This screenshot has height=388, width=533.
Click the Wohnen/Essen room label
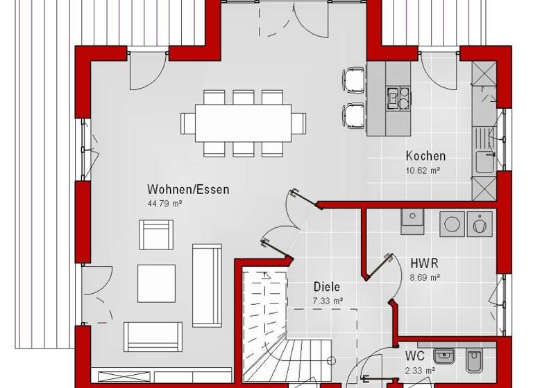point(187,189)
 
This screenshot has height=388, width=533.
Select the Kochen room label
point(425,156)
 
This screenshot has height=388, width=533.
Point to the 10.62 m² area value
point(423,169)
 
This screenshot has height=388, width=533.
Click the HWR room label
point(424,264)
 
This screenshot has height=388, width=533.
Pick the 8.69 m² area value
point(425,277)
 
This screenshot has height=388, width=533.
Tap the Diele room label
point(326,287)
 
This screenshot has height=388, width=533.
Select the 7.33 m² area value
point(328,300)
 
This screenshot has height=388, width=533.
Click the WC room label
point(415,358)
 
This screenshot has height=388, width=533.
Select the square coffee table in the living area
point(155,283)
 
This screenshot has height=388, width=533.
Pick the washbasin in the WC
point(443,357)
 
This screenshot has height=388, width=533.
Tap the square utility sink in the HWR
point(414,216)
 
